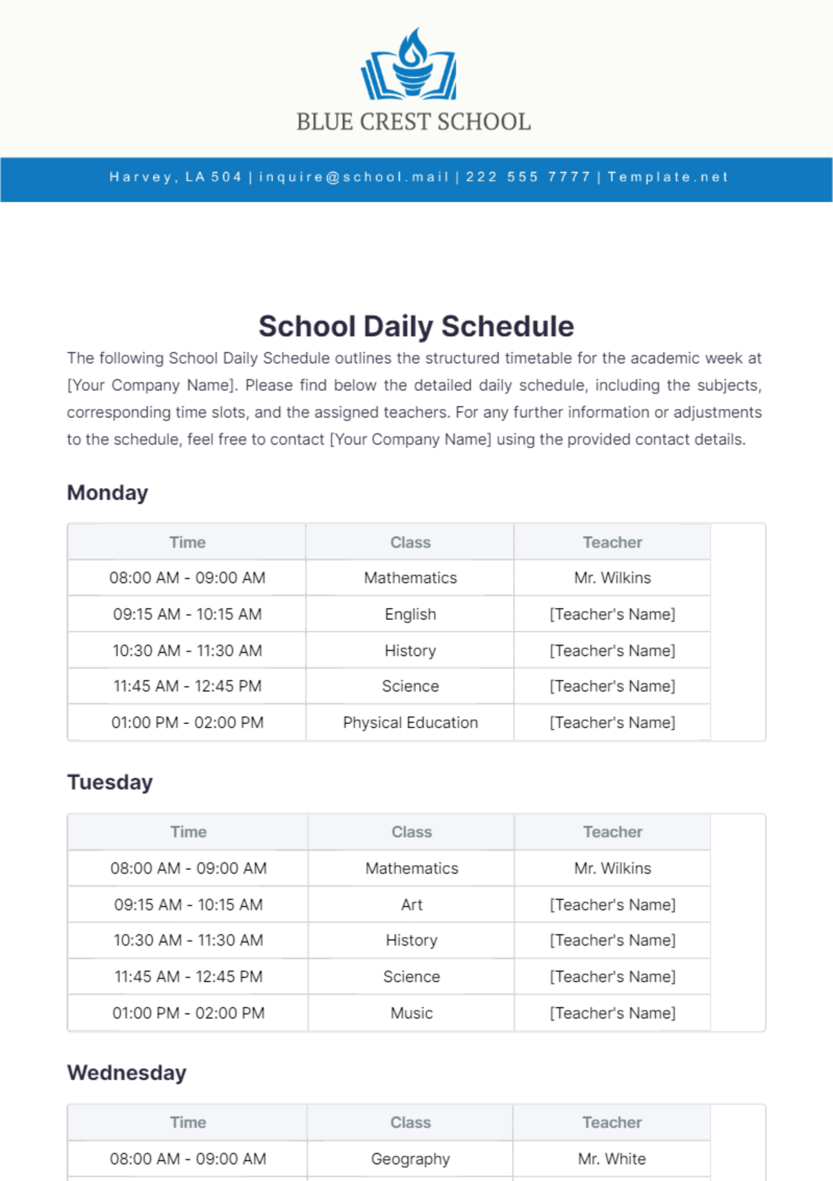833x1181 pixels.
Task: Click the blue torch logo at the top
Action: coord(410,64)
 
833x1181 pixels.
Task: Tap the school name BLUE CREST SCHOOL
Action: coord(414,122)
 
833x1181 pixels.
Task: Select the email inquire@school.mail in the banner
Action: coord(354,177)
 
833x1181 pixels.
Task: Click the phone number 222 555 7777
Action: coord(528,177)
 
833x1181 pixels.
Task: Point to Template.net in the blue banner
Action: coord(668,177)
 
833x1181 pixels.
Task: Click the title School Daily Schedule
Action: coord(416,326)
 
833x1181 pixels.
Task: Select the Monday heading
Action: coord(108,493)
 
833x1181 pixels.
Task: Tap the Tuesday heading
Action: coord(110,782)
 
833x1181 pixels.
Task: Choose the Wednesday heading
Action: coord(127,1073)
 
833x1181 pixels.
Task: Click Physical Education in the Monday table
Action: coord(410,723)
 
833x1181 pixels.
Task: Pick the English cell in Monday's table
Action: coord(410,614)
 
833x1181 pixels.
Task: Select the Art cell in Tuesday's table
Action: coord(412,905)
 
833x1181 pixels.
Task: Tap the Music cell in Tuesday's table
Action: coord(412,1013)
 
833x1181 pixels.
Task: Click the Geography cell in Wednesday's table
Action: coord(410,1159)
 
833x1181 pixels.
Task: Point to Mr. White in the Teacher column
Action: coord(612,1159)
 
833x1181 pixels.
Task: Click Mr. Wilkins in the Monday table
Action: coord(612,578)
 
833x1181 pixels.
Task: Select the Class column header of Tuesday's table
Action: coord(412,832)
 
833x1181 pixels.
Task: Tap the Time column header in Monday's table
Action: coord(187,542)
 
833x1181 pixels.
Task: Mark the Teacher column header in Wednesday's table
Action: coord(612,1123)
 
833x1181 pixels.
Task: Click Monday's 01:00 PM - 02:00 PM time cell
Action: coord(187,723)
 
